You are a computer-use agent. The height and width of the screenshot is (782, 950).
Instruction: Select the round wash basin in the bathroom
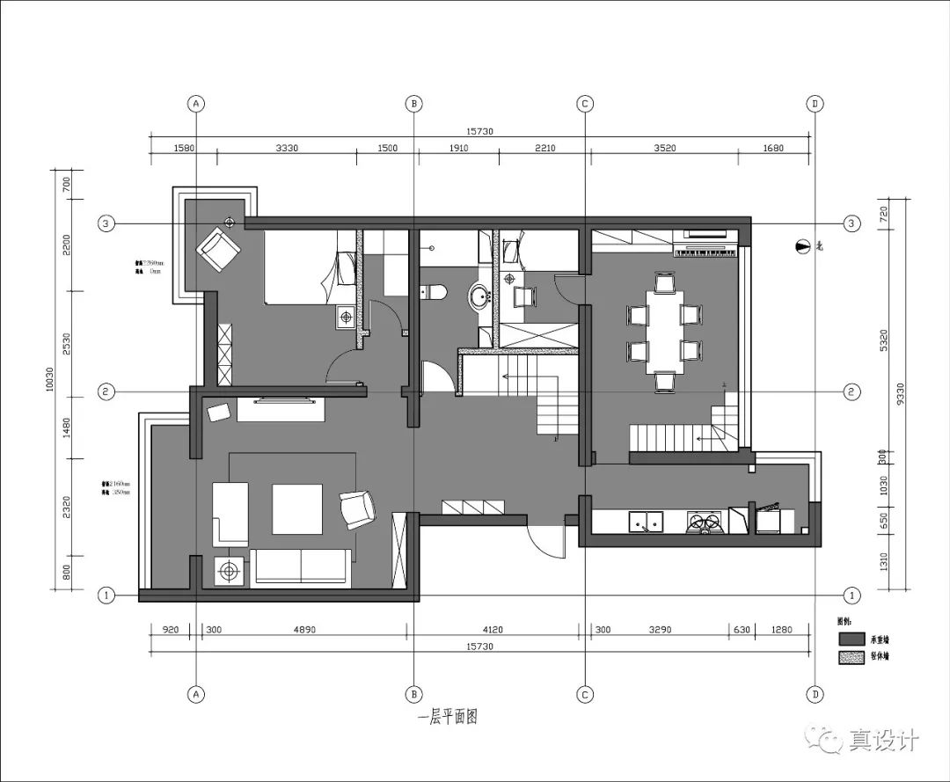click(480, 296)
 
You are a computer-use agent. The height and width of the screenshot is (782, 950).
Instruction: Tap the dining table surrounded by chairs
click(664, 330)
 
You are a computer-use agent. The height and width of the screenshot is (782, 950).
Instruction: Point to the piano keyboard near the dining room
click(705, 251)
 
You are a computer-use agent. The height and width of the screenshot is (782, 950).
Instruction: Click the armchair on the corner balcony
click(219, 249)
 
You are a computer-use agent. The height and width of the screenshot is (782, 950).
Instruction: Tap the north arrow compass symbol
click(800, 248)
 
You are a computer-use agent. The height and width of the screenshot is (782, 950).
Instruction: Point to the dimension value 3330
click(287, 149)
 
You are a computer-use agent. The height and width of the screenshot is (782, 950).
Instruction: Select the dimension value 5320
click(883, 339)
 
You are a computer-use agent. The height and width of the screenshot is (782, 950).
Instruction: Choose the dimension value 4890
click(303, 630)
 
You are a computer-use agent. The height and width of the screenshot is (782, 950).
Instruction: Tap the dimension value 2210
click(544, 149)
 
